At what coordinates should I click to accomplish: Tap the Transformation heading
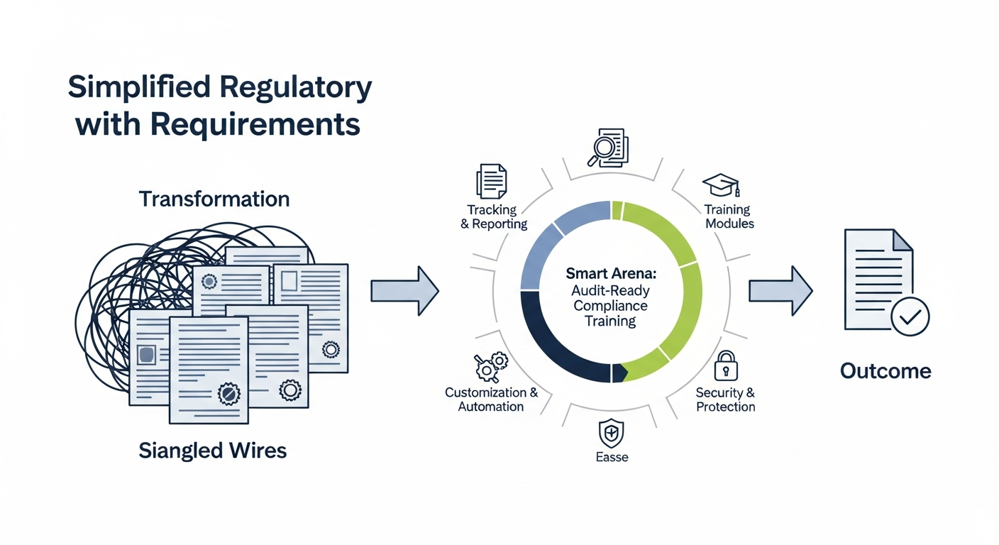pyautogui.click(x=214, y=199)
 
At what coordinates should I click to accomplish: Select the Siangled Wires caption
pyautogui.click(x=213, y=450)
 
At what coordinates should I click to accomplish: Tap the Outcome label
pyautogui.click(x=885, y=370)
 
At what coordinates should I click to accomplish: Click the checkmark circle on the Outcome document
pyautogui.click(x=909, y=316)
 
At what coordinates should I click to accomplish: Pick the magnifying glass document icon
pyautogui.click(x=609, y=147)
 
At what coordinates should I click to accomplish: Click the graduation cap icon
pyautogui.click(x=721, y=185)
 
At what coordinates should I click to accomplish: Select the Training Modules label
pyautogui.click(x=727, y=216)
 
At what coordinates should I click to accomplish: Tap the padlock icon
pyautogui.click(x=725, y=366)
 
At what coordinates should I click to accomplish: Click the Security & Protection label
pyautogui.click(x=725, y=400)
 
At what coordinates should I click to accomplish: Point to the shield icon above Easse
pyautogui.click(x=611, y=432)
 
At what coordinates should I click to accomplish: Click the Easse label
pyautogui.click(x=612, y=458)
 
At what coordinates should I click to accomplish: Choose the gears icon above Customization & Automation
pyautogui.click(x=490, y=367)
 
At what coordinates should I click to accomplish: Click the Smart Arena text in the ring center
pyautogui.click(x=611, y=272)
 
